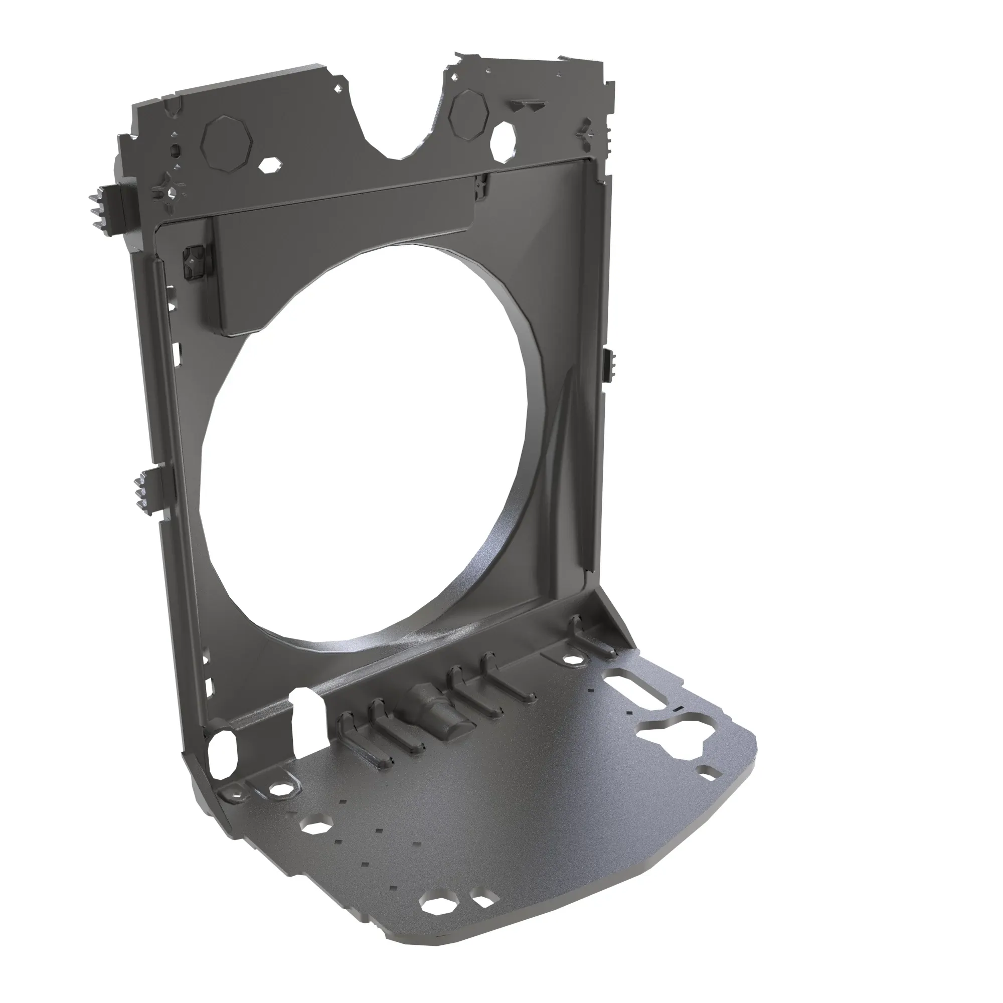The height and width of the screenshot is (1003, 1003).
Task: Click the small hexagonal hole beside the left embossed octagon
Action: pyautogui.click(x=270, y=165)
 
